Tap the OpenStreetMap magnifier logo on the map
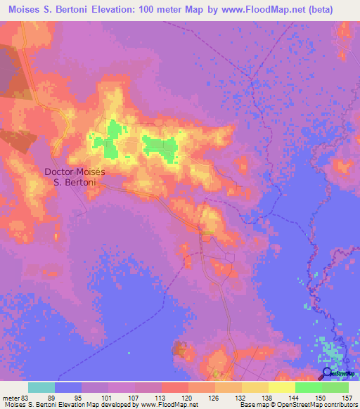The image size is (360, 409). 328,374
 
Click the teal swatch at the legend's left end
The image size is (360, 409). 41,387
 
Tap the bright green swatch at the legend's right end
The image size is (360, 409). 335,387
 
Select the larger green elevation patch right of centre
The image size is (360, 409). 160,146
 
